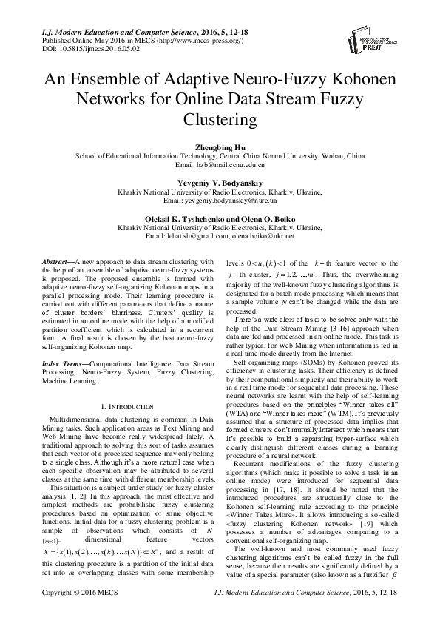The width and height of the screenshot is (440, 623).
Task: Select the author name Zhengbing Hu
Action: tap(220, 147)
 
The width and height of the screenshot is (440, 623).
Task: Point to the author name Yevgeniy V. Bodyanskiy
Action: tap(220, 182)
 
